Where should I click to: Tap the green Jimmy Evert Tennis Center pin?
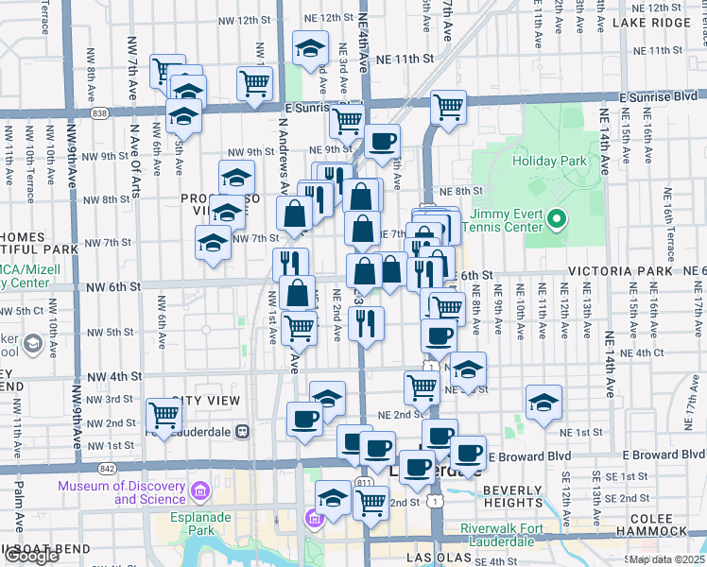pyautogui.click(x=557, y=221)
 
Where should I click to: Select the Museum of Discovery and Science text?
pyautogui.click(x=121, y=492)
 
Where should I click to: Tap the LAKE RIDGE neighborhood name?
pyautogui.click(x=651, y=23)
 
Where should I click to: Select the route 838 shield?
pyautogui.click(x=100, y=112)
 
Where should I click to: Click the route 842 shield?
pyautogui.click(x=105, y=468)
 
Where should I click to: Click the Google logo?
pyautogui.click(x=31, y=556)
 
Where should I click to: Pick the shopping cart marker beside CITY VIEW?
pyautogui.click(x=164, y=415)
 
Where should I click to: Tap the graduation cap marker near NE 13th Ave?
pyautogui.click(x=543, y=404)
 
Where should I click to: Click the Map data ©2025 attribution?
pyautogui.click(x=666, y=559)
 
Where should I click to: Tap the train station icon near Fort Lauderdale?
pyautogui.click(x=242, y=432)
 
